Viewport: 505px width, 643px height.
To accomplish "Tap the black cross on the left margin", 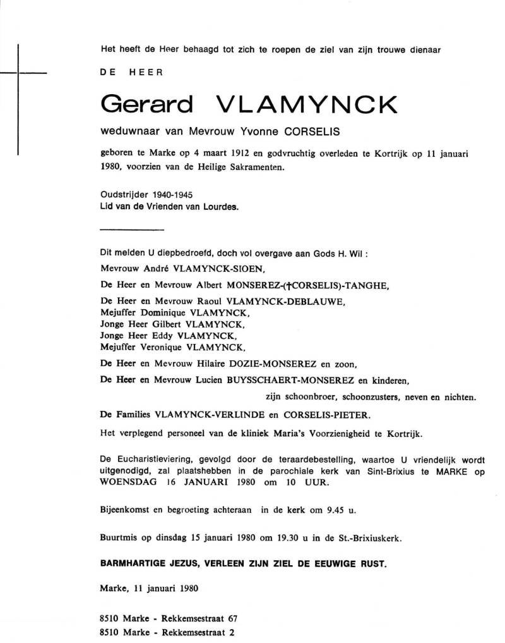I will [x=18, y=75].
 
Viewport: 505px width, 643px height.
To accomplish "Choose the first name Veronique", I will [x=167, y=347].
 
